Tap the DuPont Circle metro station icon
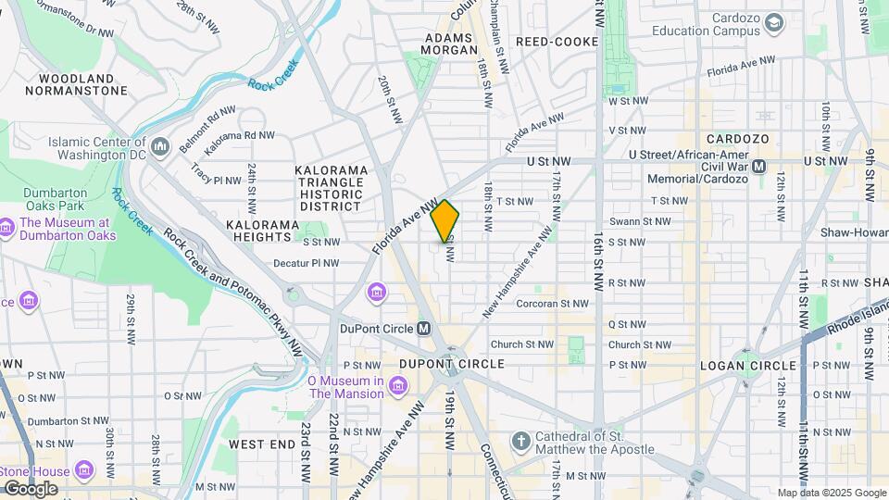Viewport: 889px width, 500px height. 424,328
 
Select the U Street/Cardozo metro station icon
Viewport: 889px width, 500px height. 759,166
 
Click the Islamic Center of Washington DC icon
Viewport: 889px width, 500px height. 160,146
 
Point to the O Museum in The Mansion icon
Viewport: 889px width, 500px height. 397,385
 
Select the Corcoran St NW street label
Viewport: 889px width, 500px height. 552,303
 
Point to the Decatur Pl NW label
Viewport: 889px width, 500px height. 306,263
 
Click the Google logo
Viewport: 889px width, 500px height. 30,489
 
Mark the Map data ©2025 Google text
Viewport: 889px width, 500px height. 831,493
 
